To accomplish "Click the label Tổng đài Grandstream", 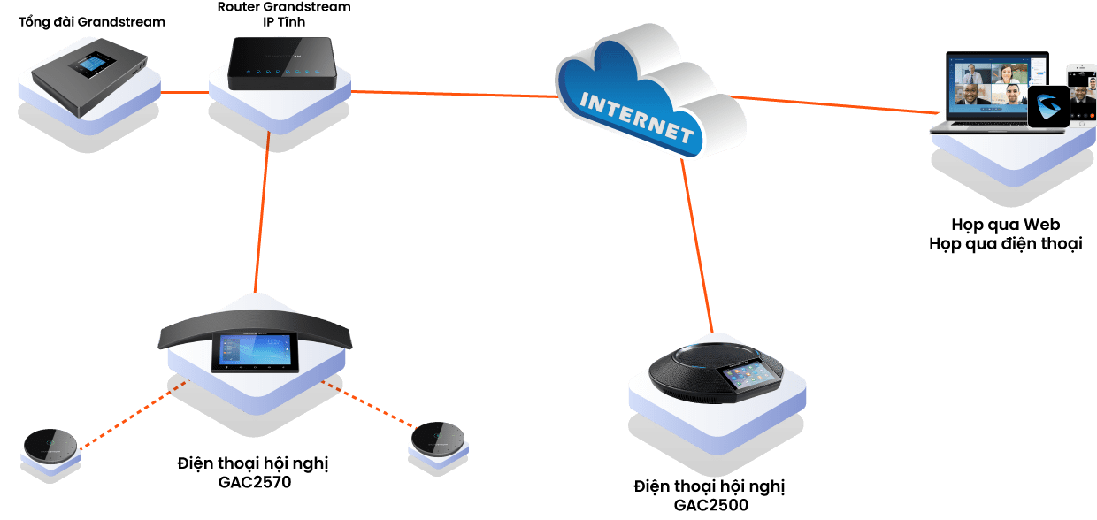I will (x=92, y=21).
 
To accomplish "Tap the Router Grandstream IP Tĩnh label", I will (x=283, y=14).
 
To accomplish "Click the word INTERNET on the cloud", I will (x=635, y=113).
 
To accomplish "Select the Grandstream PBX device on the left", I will (x=89, y=71).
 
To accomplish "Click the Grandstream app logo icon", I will (x=1047, y=107).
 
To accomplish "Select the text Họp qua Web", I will (x=1005, y=225).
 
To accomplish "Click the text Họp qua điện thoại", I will (x=1005, y=244).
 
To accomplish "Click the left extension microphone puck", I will (x=50, y=443).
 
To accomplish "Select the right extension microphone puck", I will (x=440, y=436).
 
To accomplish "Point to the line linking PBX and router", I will (x=185, y=91).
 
